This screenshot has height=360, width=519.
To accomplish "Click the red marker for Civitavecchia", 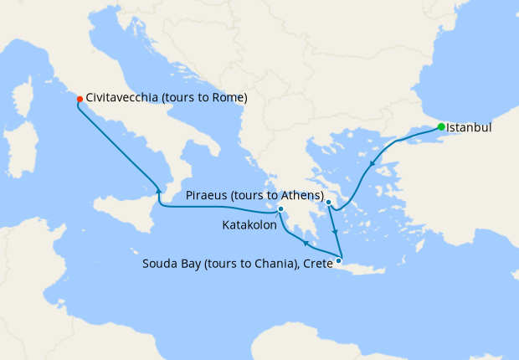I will pos(80,99).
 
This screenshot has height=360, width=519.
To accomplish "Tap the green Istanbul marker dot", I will pos(441,127).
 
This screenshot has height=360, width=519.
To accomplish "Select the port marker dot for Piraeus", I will pos(329,203).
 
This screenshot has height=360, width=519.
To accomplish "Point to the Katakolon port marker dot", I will pos(281,209).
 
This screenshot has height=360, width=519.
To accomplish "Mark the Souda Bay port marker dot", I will pos(339,261).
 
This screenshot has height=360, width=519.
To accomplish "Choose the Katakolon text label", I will pos(249,225).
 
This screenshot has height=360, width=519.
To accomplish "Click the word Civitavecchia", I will pos(126,98).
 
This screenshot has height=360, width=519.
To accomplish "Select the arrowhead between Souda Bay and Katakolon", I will pos(306,244).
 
